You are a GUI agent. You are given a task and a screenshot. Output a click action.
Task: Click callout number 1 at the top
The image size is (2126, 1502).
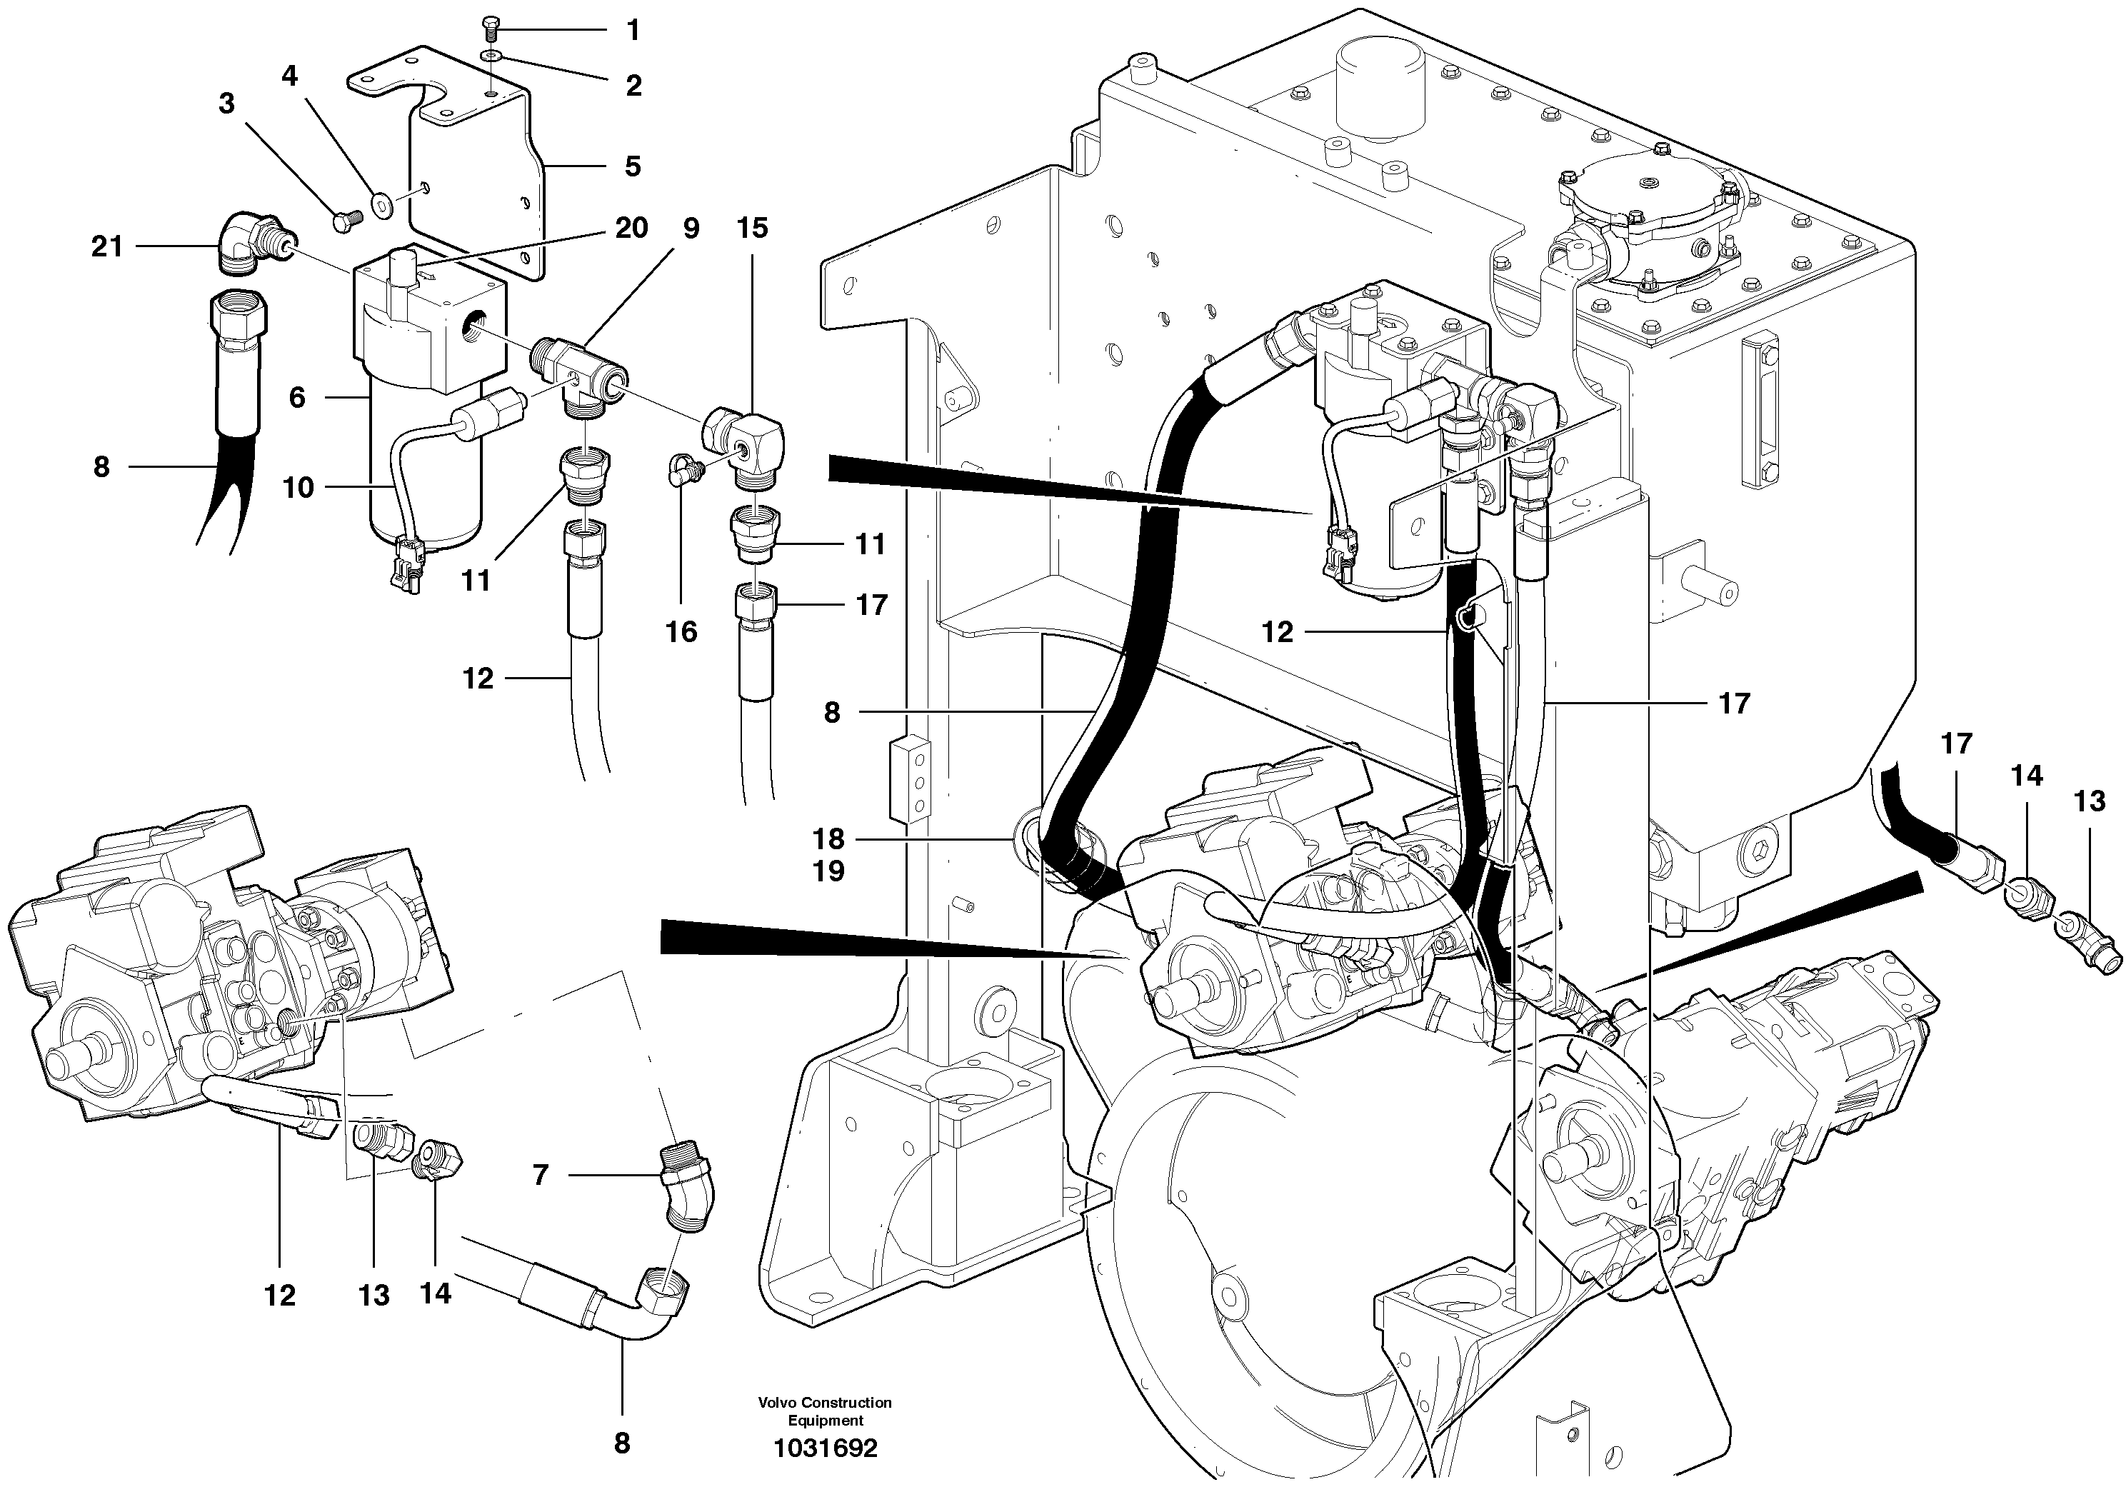(633, 31)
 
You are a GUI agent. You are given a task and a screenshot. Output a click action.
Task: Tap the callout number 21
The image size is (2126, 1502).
(106, 246)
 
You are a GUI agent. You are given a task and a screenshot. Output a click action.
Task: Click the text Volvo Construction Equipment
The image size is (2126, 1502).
(824, 1411)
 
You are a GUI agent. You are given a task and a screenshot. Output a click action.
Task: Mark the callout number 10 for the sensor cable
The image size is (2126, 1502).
(299, 487)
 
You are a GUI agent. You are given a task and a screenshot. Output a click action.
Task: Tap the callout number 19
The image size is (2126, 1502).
(828, 871)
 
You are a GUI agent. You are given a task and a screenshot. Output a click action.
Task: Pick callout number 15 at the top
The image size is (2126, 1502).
(752, 227)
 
